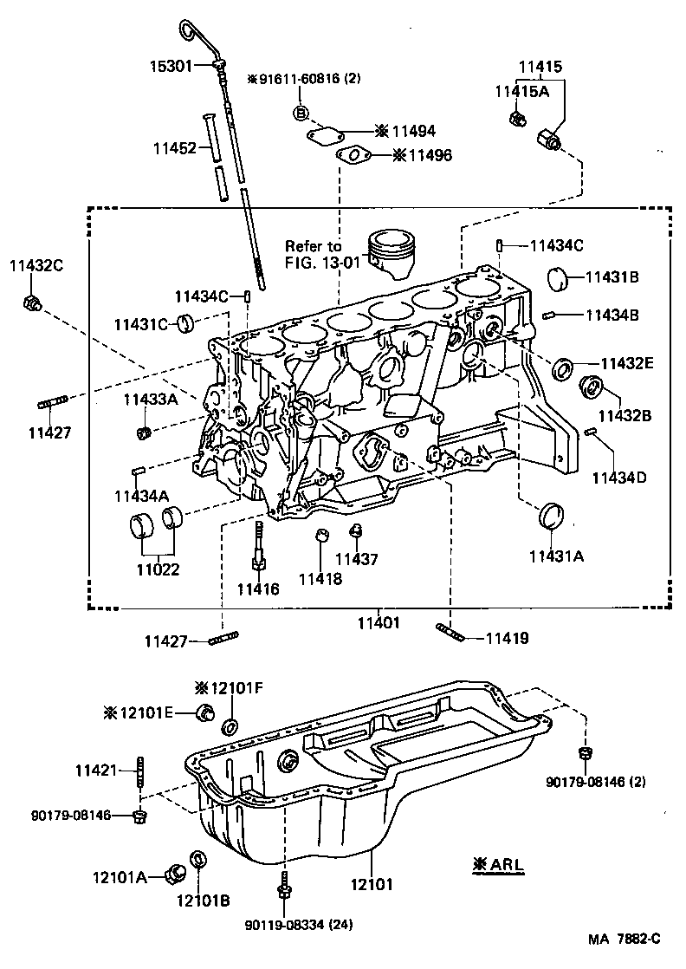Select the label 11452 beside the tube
click(176, 148)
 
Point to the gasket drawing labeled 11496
click(353, 156)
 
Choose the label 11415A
click(521, 91)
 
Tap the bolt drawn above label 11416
click(258, 544)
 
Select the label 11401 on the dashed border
click(379, 621)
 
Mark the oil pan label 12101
click(373, 885)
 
